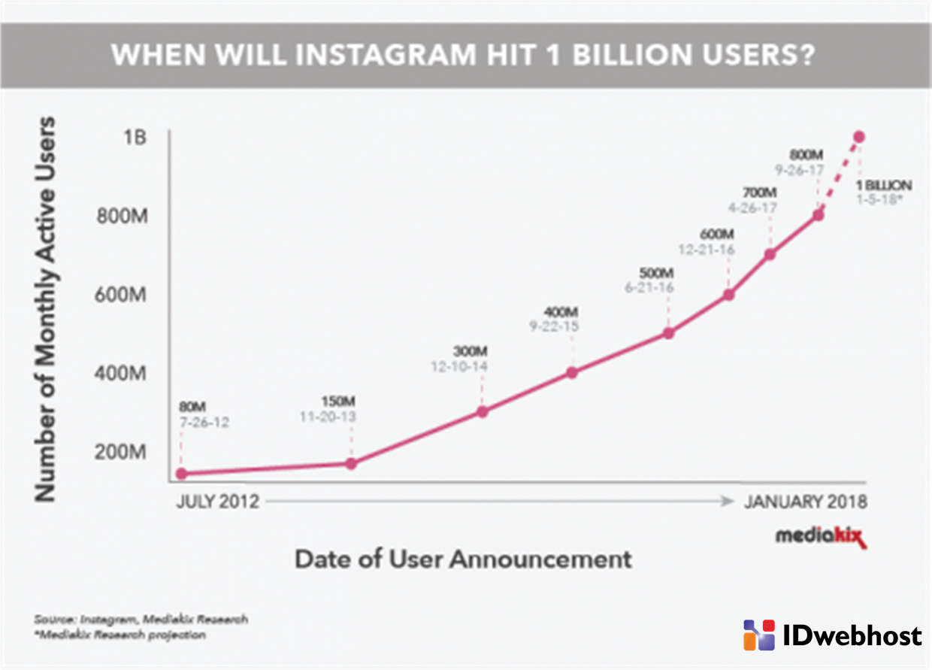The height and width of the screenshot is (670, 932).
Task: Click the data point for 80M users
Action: [x=181, y=474]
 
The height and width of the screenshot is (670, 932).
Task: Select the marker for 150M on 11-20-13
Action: [x=350, y=464]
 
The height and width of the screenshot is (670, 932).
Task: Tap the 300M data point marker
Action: [x=483, y=411]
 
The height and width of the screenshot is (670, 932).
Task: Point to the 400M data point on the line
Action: [x=572, y=372]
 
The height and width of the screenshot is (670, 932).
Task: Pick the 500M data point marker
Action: [x=667, y=333]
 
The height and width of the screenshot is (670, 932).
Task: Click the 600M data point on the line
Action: [x=728, y=295]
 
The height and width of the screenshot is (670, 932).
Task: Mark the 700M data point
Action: [x=770, y=254]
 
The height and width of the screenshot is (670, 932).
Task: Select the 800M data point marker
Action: [x=818, y=215]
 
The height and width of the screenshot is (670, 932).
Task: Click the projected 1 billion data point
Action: [x=859, y=137]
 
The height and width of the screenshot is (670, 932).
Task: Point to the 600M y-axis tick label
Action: [x=120, y=296]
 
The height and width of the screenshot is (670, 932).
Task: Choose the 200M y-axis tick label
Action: [x=120, y=453]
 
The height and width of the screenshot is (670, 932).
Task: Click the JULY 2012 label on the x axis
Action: [x=217, y=502]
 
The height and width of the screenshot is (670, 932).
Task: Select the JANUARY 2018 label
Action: [x=805, y=502]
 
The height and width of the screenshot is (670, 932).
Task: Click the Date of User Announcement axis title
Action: [x=462, y=559]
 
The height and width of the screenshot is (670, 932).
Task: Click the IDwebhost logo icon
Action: [x=759, y=635]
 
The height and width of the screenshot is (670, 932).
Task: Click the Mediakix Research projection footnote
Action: [x=120, y=635]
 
